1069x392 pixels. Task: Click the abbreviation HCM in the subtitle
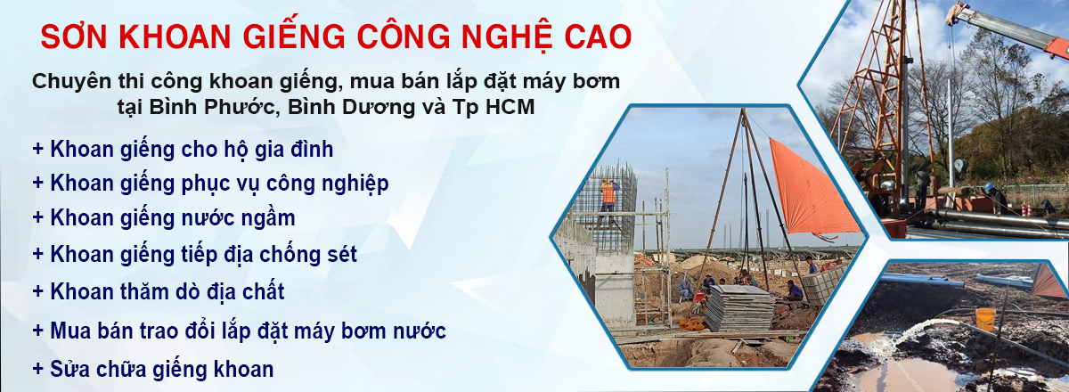coord(510,107)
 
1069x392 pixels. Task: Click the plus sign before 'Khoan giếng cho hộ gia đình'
coord(37,149)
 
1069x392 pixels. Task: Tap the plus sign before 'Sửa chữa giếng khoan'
coord(37,369)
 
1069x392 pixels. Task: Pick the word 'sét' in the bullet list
coord(342,254)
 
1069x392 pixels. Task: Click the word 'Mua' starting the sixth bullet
coord(70,331)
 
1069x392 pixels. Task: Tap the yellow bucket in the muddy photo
coord(985,319)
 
